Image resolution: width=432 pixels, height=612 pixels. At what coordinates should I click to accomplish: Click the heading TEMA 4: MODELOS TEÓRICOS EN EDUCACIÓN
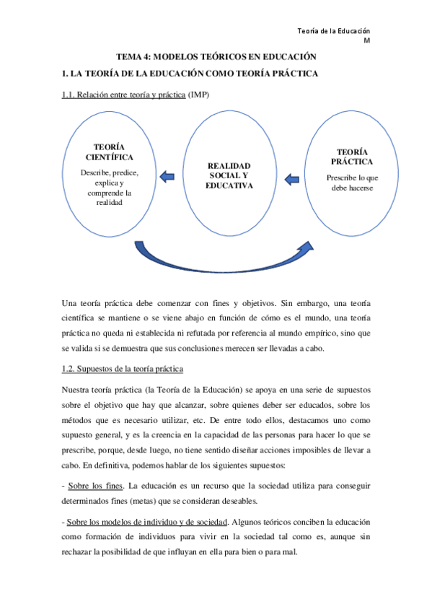216,56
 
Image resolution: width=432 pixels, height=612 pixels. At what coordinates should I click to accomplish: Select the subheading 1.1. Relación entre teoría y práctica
123,95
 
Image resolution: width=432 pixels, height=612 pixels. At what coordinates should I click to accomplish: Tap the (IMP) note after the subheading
198,95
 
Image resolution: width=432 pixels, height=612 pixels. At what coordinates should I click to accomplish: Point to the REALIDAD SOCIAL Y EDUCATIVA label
230,175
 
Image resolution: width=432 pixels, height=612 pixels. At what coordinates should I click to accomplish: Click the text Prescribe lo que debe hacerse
352,183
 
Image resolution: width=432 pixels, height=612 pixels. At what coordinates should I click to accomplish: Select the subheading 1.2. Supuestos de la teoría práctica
123,370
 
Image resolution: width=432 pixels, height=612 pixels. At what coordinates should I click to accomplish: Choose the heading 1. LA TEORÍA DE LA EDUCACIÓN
190,74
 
